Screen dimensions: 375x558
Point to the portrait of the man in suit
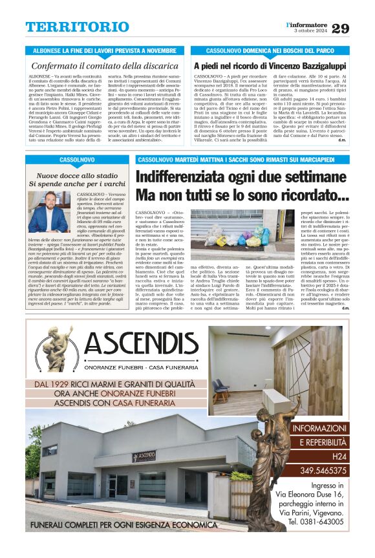coord(48,212)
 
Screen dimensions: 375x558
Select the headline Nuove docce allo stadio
coord(76,175)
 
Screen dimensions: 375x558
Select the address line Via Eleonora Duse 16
coord(318,495)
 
